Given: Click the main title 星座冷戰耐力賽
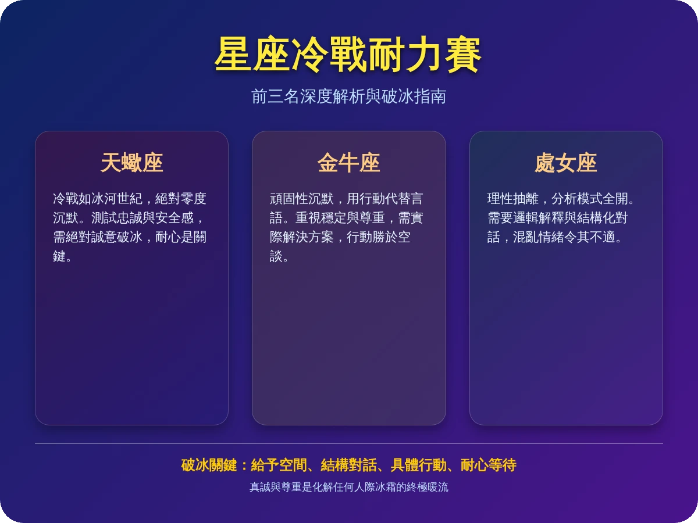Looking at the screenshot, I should pyautogui.click(x=348, y=55).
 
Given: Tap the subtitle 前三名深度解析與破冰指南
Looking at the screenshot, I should pyautogui.click(x=348, y=96).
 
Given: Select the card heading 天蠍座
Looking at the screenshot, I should pyautogui.click(x=131, y=163).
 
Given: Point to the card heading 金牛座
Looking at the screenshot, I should pyautogui.click(x=348, y=163).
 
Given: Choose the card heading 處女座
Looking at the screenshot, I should pyautogui.click(x=565, y=163).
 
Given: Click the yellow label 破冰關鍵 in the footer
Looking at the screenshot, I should pyautogui.click(x=206, y=465).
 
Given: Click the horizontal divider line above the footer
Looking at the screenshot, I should pyautogui.click(x=348, y=443).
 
